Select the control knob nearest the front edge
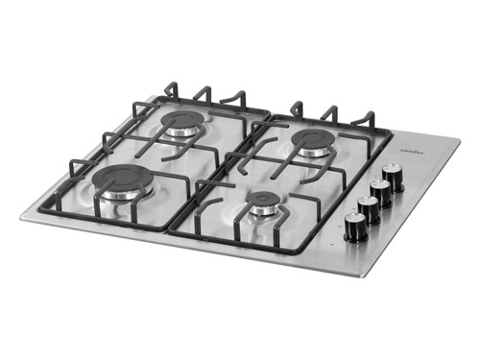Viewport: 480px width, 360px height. (356, 227)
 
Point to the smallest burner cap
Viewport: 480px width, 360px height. (266, 201)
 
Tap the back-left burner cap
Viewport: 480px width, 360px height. (182, 120)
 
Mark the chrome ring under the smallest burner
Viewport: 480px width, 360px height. (266, 210)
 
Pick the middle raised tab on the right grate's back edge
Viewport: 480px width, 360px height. (330, 112)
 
